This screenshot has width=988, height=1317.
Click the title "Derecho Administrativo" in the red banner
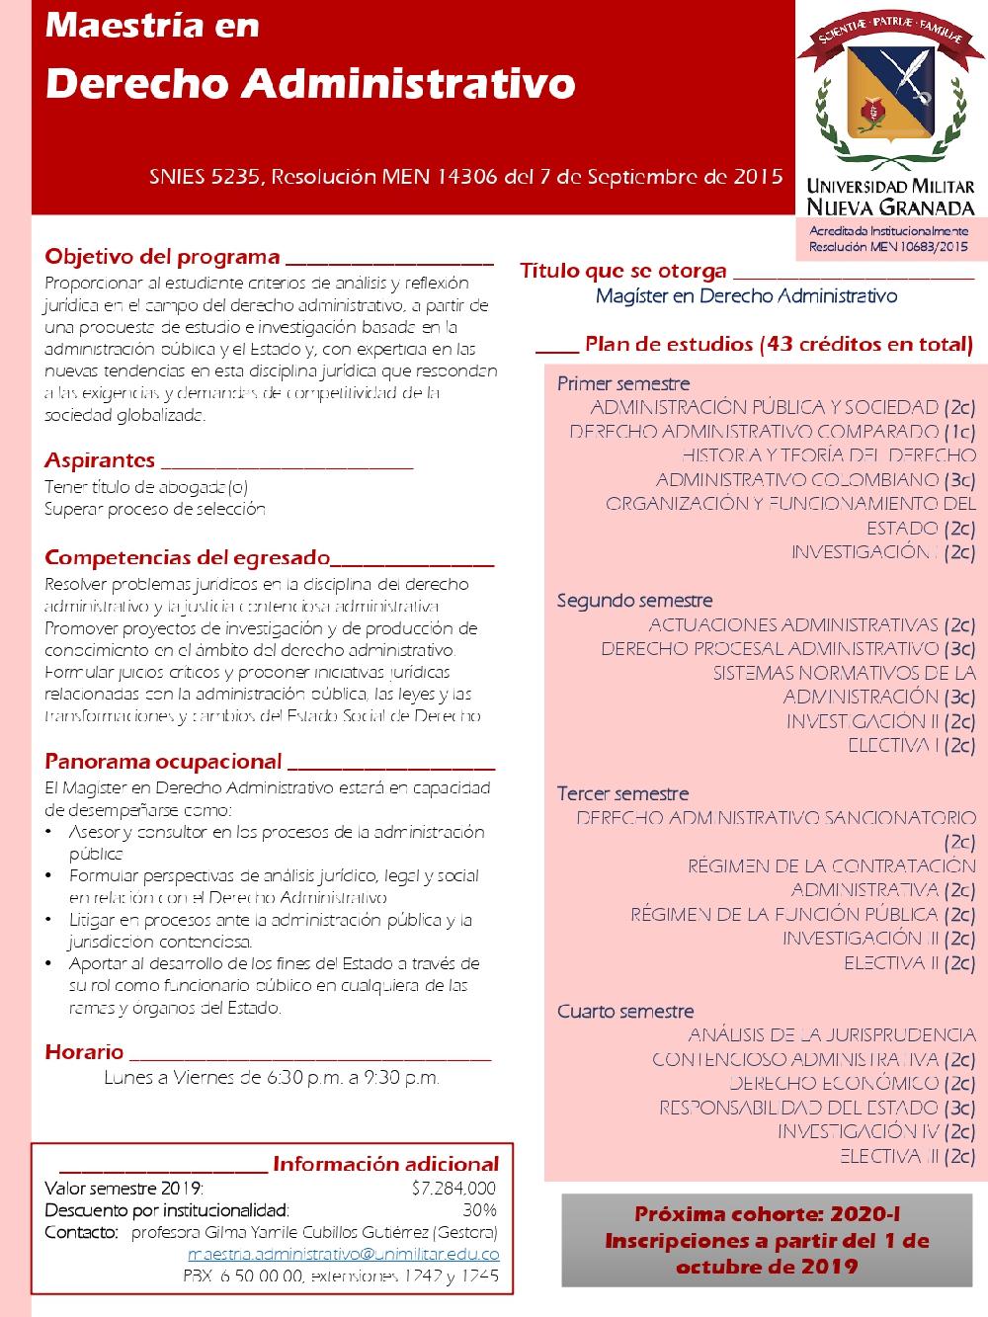309,85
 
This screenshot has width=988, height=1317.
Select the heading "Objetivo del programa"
162,258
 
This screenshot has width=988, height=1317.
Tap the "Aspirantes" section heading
100,460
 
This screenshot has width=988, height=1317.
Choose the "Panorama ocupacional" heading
163,762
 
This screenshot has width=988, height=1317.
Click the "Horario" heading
84,1052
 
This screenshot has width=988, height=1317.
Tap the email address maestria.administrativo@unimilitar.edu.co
343,1255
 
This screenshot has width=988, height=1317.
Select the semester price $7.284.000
453,1189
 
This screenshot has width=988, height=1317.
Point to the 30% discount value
479,1210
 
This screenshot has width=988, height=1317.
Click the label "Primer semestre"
623,383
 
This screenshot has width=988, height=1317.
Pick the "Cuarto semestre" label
625,1012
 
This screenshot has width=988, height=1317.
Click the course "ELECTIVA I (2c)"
911,746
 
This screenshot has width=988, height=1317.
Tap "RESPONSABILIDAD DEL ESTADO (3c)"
817,1108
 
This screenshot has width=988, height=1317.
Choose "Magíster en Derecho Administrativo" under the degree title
746,295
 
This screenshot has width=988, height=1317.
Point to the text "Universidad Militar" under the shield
890,186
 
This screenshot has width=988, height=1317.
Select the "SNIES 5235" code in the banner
205,178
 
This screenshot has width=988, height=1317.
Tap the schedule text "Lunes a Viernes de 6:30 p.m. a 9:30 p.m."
272,1078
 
